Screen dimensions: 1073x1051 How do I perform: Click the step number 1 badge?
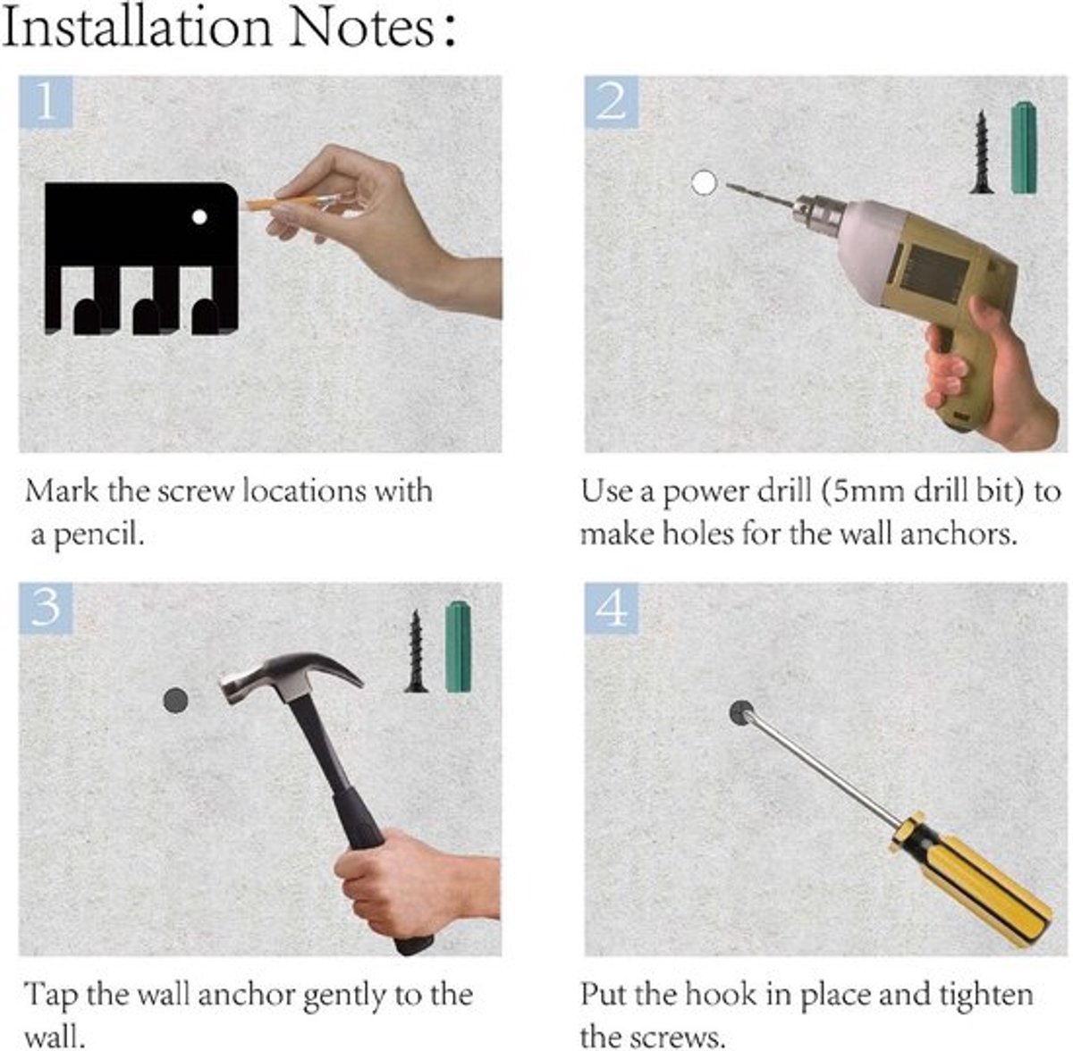pos(46,103)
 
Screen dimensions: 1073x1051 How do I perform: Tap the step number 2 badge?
pos(611,103)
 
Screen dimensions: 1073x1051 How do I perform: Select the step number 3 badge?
pos(46,608)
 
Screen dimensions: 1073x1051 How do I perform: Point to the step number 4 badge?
pos(611,608)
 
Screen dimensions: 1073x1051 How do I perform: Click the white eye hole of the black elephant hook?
pos(199,216)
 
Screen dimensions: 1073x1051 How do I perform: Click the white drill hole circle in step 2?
pos(705,182)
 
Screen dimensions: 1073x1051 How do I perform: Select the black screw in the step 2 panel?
pos(982,152)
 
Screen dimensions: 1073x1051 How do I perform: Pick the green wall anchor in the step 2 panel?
pos(1024,147)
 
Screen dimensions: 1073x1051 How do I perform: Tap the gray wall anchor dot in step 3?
pos(176,701)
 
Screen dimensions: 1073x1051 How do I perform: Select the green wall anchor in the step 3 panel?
pos(459,647)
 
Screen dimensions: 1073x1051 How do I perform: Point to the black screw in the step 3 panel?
pos(416,652)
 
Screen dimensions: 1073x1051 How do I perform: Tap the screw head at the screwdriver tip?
pos(741,712)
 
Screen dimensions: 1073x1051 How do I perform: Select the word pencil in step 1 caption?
pos(99,535)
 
